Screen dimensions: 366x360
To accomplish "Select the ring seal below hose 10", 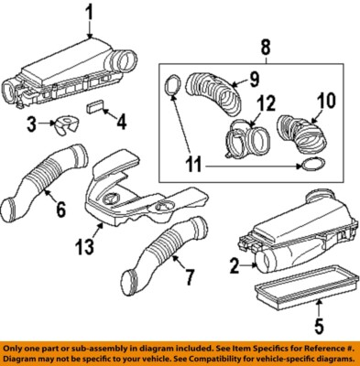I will (x=311, y=166).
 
